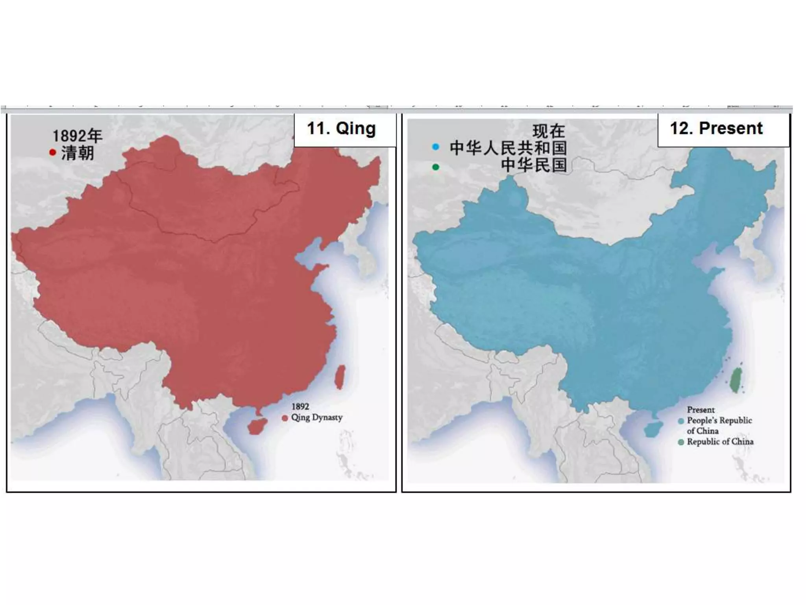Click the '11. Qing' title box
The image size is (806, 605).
341,129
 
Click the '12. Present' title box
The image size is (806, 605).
716,129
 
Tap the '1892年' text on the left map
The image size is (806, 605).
77,136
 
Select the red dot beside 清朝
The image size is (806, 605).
53,152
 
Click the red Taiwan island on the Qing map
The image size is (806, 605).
340,377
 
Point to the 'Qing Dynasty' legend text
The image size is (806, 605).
317,418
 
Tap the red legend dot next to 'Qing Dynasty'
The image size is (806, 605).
285,418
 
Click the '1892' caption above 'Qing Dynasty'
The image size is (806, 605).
300,406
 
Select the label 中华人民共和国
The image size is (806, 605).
508,148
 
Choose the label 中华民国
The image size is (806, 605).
534,165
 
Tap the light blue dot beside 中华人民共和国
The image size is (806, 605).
435,147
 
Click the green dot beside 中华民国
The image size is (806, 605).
435,167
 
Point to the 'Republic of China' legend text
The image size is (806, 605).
720,442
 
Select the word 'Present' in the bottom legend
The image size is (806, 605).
701,410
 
